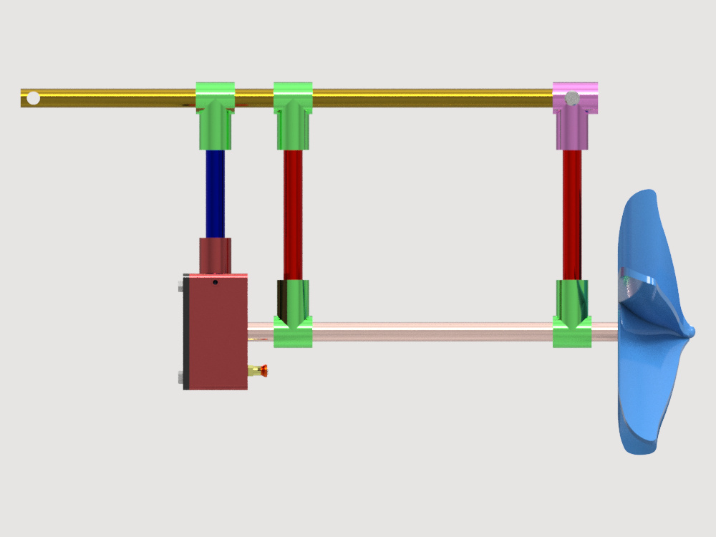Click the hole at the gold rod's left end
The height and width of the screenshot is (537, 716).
tap(33, 98)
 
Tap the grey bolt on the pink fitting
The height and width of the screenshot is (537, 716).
tap(571, 98)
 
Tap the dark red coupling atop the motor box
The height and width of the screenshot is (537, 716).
tap(215, 256)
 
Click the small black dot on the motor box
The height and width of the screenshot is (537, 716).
tap(216, 283)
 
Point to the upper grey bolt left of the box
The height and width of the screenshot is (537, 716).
tap(180, 288)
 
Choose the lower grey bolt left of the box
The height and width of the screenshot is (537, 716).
tap(180, 377)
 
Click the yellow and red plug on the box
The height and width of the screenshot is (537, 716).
tap(258, 370)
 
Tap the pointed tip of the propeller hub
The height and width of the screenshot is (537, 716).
tap(691, 331)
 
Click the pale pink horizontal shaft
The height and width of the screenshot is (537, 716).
tap(430, 332)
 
